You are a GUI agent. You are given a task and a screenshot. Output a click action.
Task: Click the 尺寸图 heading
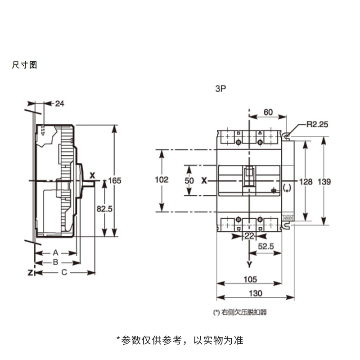(24, 65)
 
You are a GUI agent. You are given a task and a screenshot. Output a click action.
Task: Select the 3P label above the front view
(220, 89)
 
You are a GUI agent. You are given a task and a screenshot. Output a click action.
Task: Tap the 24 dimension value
(60, 104)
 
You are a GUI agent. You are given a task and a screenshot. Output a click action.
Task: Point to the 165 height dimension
(115, 181)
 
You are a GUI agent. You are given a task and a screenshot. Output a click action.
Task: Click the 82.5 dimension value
(104, 209)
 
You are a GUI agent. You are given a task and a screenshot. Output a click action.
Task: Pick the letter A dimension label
(55, 253)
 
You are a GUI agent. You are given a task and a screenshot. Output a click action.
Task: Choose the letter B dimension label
(55, 262)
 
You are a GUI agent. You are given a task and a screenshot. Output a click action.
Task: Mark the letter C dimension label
(64, 272)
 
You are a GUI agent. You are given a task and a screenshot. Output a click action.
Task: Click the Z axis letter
(30, 273)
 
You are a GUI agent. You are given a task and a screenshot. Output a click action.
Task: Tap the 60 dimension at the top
(268, 112)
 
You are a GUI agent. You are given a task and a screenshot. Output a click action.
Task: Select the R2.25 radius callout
(318, 125)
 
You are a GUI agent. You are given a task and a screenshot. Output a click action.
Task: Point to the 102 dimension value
(162, 180)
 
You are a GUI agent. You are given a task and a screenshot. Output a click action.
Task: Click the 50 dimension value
(189, 181)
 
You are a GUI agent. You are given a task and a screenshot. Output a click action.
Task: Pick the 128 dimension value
(306, 182)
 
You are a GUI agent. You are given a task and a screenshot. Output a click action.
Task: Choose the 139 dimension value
(324, 182)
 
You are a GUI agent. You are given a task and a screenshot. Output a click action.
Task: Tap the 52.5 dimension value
(266, 246)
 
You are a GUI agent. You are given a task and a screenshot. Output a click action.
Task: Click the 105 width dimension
(250, 279)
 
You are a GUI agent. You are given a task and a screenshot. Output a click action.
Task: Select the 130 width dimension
(256, 293)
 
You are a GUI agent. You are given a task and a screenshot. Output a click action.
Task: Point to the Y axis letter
(249, 265)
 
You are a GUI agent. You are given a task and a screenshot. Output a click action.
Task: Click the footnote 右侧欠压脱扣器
(244, 312)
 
